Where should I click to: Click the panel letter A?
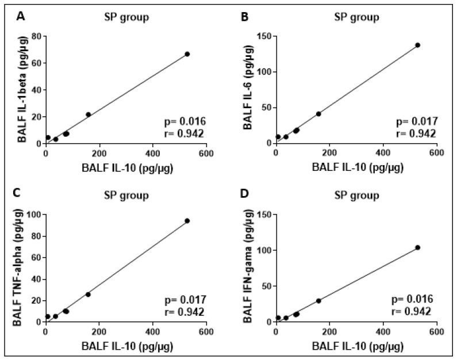click(x=20, y=17)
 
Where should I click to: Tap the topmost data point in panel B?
click(x=418, y=45)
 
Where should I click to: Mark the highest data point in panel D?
click(x=418, y=247)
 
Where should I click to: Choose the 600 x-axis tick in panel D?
click(x=436, y=332)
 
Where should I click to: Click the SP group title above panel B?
click(x=356, y=17)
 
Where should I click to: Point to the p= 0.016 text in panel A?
click(x=184, y=121)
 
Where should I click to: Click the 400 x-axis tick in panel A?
click(x=153, y=154)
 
